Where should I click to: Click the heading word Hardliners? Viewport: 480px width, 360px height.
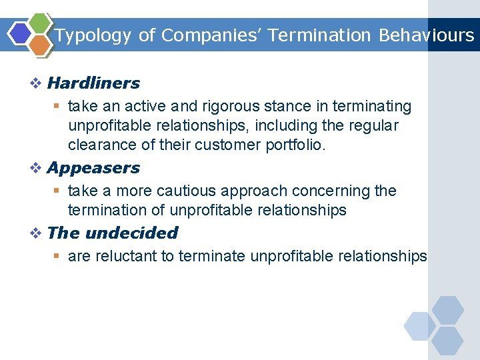[x=93, y=83]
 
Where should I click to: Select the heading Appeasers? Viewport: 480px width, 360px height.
[x=93, y=168]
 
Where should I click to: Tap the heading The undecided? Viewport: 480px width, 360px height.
[x=113, y=233]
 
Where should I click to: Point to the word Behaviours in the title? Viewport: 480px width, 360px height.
[x=426, y=35]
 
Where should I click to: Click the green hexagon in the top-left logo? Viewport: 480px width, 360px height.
[x=41, y=23]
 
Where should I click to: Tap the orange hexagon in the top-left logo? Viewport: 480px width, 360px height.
[x=40, y=45]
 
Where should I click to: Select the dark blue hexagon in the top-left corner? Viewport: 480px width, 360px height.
[x=21, y=33]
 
